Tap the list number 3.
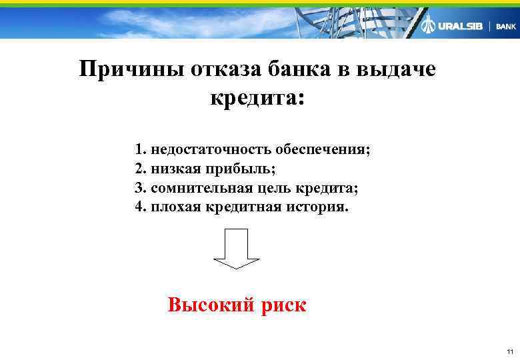(139, 187)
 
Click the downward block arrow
(237, 248)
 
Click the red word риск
(284, 305)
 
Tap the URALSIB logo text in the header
(460, 26)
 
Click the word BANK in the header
(506, 27)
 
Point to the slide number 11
(509, 351)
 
